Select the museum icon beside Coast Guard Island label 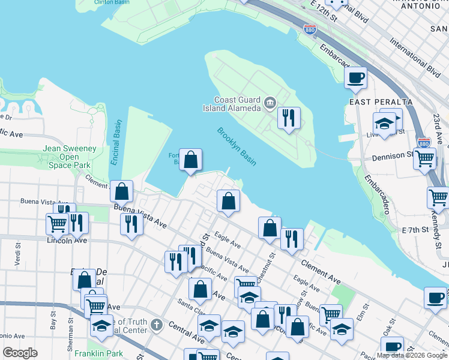point(270,104)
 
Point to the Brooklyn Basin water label point(236,146)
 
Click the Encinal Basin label point(116,142)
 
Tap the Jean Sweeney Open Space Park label point(70,157)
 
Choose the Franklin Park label point(98,353)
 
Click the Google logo point(20,353)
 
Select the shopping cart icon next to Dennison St point(424,159)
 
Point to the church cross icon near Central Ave point(157,326)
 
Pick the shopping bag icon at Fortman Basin point(190,160)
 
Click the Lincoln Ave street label point(67,240)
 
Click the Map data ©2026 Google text point(412,355)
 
